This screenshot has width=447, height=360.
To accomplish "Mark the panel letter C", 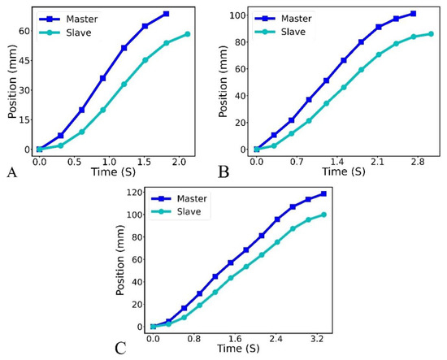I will (119, 349).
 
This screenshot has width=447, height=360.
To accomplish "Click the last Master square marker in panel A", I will (166, 14).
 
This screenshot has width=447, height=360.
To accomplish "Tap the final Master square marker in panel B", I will (413, 14).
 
